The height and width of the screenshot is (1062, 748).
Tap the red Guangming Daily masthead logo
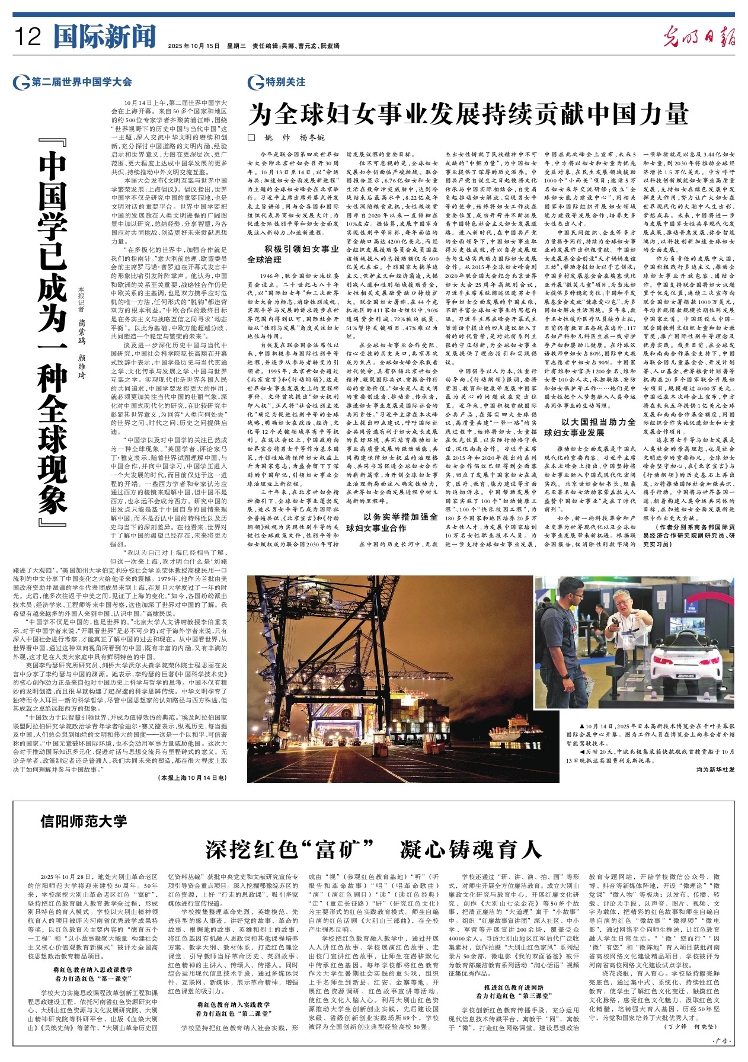[699, 36]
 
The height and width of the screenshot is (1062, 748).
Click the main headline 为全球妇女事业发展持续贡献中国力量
[468, 114]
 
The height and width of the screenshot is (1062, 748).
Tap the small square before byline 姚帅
[251, 137]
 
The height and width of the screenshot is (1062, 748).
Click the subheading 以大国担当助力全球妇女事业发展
[590, 427]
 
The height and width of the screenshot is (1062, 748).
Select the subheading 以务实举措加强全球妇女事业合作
[392, 522]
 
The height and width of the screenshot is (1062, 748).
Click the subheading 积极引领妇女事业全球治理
[293, 254]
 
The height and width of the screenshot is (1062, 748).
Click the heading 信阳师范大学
[84, 821]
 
